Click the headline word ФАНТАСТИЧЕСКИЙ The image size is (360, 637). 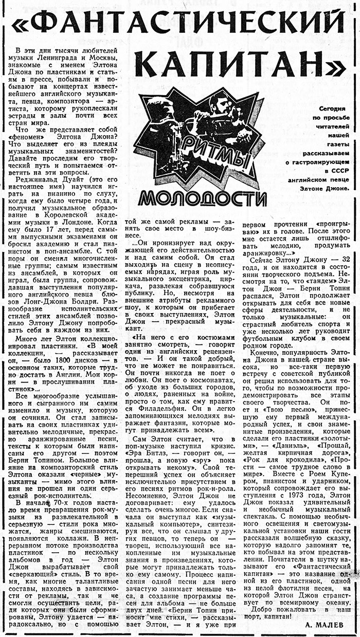tap(180, 23)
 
